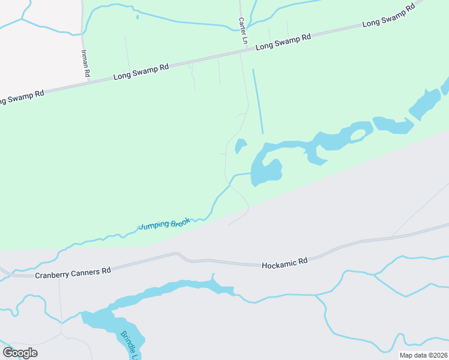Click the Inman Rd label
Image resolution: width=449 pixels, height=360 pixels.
pos(85,62)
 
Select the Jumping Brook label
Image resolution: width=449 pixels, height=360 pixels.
pos(164,224)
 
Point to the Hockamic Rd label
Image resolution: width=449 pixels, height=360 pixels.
pos(285,262)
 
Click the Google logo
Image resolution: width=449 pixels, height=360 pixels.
pos(20,353)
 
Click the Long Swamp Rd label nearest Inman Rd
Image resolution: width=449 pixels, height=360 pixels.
pos(141,73)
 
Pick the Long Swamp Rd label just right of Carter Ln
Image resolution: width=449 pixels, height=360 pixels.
pos(283,41)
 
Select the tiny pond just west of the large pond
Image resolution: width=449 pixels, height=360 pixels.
pos(240,146)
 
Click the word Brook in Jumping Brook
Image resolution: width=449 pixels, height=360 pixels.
pos(180,222)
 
